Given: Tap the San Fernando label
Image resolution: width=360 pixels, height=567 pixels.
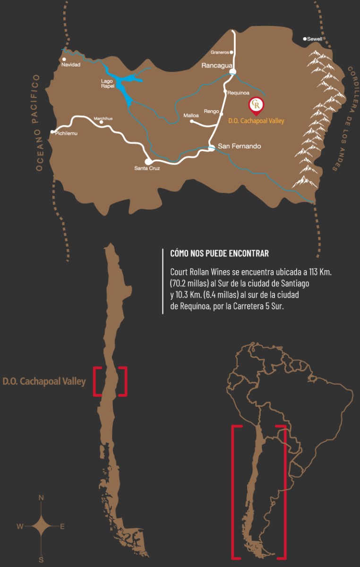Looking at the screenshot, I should click(x=239, y=146).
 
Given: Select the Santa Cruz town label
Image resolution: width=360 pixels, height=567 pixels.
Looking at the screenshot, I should click(x=147, y=168).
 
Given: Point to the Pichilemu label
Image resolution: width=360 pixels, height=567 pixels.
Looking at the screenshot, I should click(x=66, y=134).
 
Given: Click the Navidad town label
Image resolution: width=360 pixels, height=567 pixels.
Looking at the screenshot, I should click(x=71, y=65).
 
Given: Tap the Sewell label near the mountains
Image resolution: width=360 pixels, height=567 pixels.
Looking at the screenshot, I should click(x=314, y=39).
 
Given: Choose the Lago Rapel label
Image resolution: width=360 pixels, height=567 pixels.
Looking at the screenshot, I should click(x=108, y=83).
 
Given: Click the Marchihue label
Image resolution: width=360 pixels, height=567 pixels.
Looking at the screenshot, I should click(x=103, y=119).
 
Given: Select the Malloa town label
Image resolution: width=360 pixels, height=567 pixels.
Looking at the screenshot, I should click(x=191, y=115).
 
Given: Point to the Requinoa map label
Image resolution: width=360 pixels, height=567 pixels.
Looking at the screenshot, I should click(x=238, y=93).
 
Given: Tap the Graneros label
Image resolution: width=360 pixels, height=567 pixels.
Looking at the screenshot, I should click(x=220, y=52).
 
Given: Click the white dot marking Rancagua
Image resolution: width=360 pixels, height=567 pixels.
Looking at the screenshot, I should click(x=232, y=71).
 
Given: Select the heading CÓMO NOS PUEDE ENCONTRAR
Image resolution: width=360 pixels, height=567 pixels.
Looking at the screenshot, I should click(x=219, y=254).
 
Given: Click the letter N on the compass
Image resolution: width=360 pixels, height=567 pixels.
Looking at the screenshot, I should click(x=41, y=498).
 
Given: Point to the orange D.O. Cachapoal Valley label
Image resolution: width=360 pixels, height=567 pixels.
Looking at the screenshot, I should click(x=256, y=121).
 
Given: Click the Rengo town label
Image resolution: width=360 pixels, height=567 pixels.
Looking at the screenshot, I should click(x=211, y=112).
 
